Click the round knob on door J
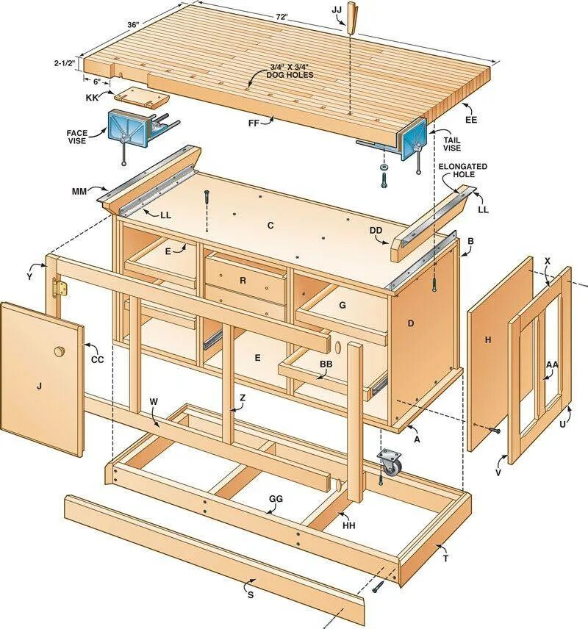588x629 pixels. coord(59,352)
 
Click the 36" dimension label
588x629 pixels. coord(133,24)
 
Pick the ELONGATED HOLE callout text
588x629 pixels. coord(463,171)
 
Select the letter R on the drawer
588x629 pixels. coord(243,280)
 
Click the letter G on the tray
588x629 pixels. coord(342,305)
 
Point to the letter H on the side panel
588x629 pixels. coord(487,339)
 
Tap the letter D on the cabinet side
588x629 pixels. coord(411,323)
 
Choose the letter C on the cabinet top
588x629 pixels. coord(270,226)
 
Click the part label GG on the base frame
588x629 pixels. coord(275,498)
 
